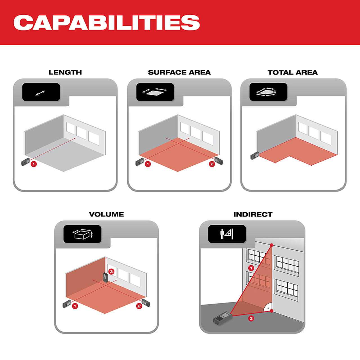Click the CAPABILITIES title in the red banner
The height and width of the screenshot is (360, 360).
pos(107,23)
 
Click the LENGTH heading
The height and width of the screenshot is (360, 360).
pos(65,73)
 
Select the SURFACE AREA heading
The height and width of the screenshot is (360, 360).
pos(179,73)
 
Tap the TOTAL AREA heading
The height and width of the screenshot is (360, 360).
pos(292,73)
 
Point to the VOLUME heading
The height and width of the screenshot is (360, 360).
pos(106,214)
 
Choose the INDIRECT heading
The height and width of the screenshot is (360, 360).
pos(253,214)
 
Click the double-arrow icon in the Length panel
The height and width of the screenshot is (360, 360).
pos(40,93)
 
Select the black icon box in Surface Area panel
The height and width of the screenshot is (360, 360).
pos(155,92)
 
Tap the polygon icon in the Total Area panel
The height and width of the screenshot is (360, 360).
pos(266,92)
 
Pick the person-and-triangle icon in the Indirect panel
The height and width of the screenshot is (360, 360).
pos(227,234)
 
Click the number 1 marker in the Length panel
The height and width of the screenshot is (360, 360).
pos(34,164)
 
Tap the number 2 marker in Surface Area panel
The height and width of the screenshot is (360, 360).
pos(212,164)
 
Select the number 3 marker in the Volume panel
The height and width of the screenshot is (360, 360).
pos(111,271)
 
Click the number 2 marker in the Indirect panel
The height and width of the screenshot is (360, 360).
pos(251,318)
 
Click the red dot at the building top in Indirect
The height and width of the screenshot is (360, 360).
pos(272,245)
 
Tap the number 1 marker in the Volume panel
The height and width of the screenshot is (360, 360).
pos(75,306)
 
